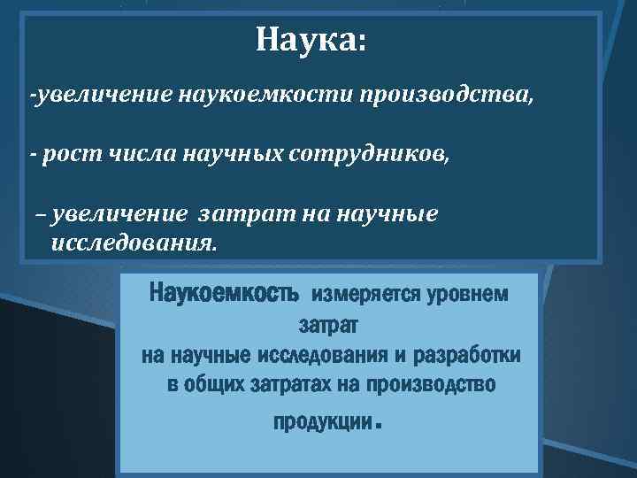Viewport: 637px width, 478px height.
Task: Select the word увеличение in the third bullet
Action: click(119, 215)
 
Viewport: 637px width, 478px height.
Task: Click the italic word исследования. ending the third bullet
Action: click(133, 242)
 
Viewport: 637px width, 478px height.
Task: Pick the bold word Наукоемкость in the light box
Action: click(227, 292)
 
